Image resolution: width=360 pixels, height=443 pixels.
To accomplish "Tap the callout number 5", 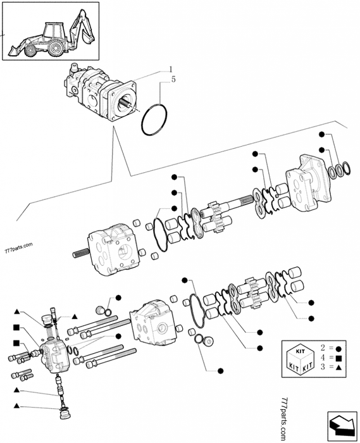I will click(x=165, y=80).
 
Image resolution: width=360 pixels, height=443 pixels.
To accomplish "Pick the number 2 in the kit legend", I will click(x=323, y=348).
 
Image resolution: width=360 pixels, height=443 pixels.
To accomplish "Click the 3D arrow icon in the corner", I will click(x=340, y=424).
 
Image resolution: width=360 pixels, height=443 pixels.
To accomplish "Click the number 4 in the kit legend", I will click(x=323, y=358).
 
